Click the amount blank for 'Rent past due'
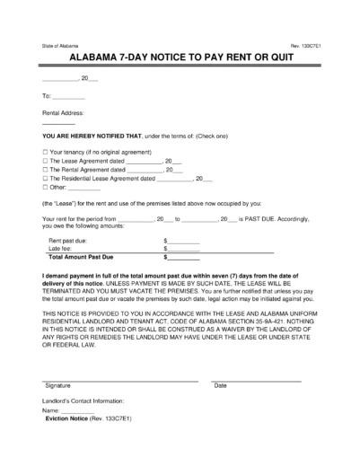pyautogui.click(x=184, y=241)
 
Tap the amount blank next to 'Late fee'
pyautogui.click(x=184, y=249)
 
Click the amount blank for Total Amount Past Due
pyautogui.click(x=184, y=258)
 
